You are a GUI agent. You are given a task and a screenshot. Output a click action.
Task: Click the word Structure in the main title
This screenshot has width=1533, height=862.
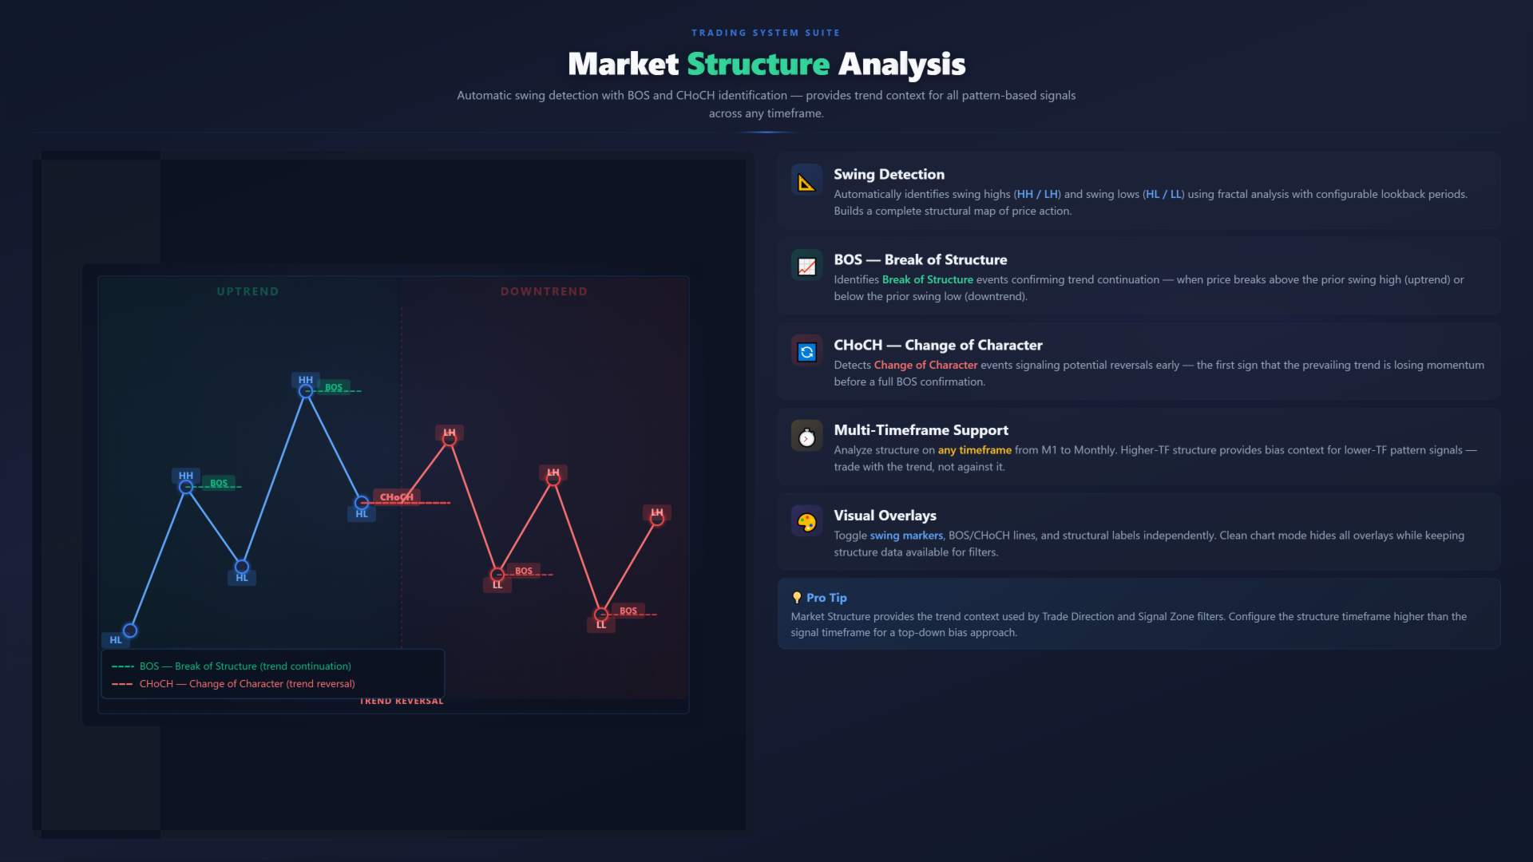tap(758, 64)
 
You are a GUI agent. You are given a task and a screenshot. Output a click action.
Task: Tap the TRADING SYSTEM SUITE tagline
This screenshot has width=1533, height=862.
tap(766, 33)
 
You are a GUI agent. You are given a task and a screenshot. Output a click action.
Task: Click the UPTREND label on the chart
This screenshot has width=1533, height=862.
tap(248, 291)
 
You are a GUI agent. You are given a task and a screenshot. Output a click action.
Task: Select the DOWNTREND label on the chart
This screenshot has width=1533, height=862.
tap(544, 291)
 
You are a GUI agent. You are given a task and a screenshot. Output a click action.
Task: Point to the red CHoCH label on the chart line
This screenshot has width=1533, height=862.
tap(397, 497)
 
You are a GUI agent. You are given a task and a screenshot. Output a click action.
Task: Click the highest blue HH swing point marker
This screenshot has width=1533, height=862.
tap(306, 391)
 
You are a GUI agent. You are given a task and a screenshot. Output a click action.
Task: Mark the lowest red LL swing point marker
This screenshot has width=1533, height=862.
tap(601, 615)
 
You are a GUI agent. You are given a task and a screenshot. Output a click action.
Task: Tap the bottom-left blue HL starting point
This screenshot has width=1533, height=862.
tap(130, 631)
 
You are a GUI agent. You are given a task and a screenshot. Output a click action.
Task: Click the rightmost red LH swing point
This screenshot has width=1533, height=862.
tap(657, 519)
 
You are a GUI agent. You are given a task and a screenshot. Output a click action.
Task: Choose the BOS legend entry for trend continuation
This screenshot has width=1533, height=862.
tap(232, 666)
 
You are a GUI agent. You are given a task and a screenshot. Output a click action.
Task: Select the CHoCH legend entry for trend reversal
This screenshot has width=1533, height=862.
tap(233, 684)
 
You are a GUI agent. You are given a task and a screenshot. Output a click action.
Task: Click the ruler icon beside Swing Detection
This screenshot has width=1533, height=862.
tap(806, 183)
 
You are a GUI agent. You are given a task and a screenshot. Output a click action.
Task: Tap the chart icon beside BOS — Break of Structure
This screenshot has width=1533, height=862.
tap(806, 267)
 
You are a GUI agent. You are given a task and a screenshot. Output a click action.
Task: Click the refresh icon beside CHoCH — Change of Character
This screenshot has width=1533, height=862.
tap(806, 352)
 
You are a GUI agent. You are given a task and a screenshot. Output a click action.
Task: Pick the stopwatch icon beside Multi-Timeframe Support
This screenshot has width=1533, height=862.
tap(806, 437)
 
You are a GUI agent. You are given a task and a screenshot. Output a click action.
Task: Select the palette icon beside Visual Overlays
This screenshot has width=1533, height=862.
tap(806, 523)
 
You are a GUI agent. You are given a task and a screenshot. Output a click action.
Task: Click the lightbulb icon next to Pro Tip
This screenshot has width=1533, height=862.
tap(796, 598)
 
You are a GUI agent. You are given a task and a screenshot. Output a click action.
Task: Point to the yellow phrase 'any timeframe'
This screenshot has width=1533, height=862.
tap(974, 450)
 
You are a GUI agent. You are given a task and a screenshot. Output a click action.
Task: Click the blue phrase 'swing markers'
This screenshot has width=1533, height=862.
tap(906, 536)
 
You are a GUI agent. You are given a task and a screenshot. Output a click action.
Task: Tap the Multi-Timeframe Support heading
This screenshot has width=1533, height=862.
tap(921, 430)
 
